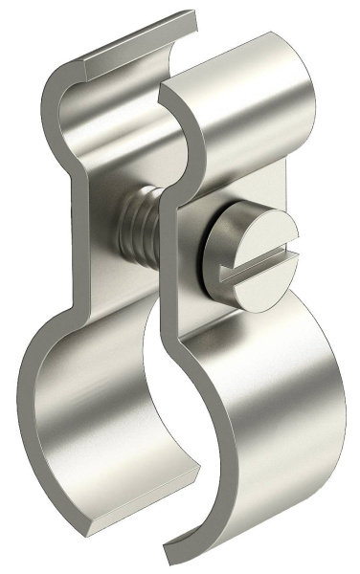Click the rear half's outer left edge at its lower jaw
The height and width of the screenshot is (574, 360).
coord(24,383)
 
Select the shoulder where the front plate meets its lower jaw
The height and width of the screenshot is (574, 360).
coord(206,320)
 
